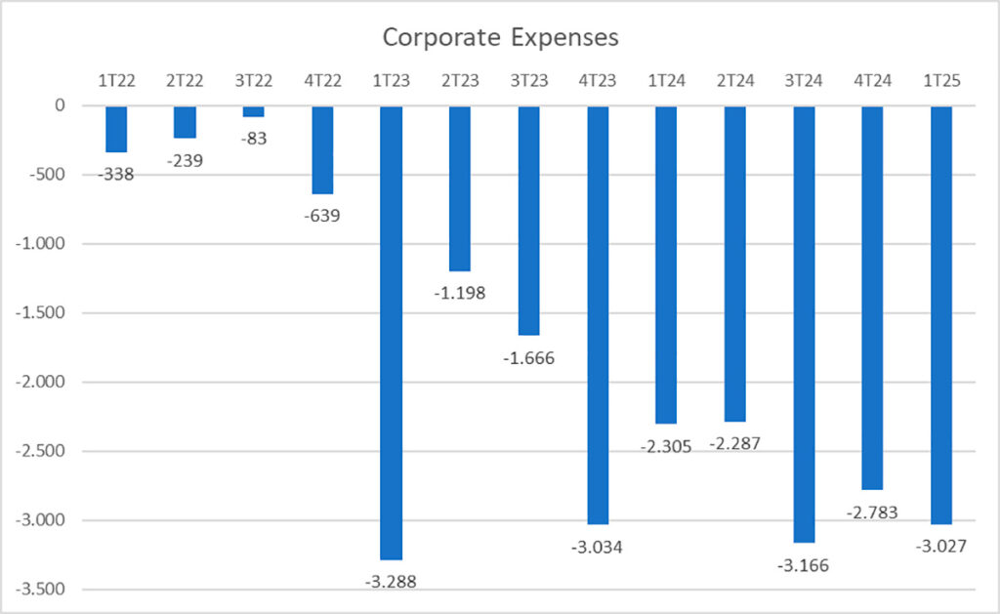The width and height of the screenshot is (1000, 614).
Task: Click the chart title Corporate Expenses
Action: [x=500, y=38]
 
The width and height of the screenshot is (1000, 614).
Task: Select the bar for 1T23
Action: [x=392, y=332]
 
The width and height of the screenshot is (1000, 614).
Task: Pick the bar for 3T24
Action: [x=804, y=323]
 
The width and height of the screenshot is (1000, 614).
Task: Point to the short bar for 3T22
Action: [x=254, y=111]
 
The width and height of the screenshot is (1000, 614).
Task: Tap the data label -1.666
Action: [x=528, y=357]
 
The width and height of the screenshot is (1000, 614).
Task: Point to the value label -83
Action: [x=254, y=138]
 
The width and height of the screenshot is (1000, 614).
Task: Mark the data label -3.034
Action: [x=598, y=547]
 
